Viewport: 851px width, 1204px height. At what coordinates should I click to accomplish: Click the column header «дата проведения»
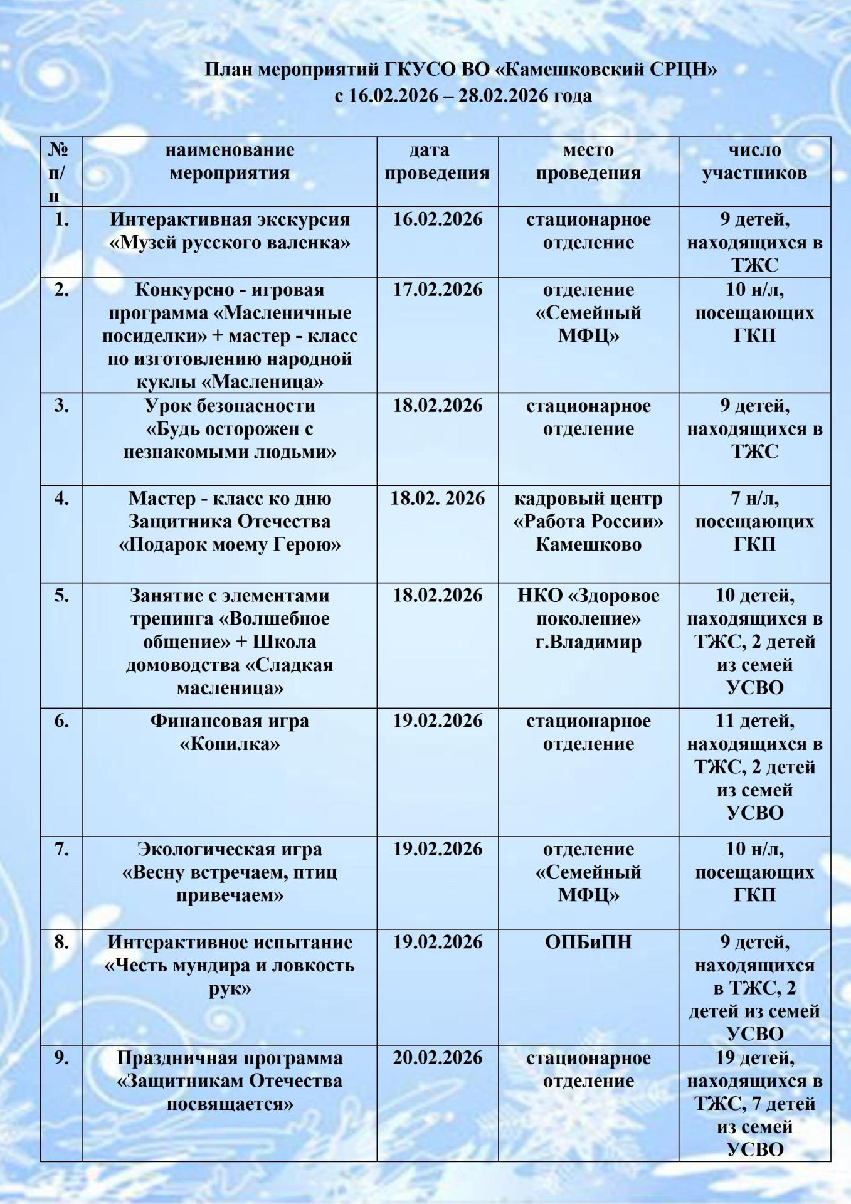(437, 162)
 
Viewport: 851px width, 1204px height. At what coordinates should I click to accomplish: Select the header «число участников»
(754, 162)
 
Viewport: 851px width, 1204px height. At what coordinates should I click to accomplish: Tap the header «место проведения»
(588, 162)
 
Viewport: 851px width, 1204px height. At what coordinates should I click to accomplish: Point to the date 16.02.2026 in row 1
(438, 219)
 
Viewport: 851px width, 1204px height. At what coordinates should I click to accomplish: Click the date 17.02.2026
(438, 290)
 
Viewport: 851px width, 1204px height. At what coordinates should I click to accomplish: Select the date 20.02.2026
(438, 1058)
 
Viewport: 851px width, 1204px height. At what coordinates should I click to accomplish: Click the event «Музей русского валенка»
(230, 243)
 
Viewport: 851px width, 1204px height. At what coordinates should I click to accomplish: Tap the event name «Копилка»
(230, 744)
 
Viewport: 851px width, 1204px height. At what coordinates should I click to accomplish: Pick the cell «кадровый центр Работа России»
(588, 521)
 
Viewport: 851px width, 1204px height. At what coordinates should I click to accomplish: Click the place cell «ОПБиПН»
(588, 942)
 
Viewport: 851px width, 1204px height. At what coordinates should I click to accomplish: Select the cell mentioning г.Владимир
(588, 642)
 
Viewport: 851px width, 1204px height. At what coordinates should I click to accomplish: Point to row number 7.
(61, 849)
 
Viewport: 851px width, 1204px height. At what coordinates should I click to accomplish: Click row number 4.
(61, 499)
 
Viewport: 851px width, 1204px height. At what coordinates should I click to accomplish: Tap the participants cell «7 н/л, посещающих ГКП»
(754, 521)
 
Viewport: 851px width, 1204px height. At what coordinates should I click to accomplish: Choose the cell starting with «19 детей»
(754, 1104)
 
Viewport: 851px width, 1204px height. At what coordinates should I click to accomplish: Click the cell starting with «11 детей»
(754, 767)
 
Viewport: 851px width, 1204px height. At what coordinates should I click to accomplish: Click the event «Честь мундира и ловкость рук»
(230, 965)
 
